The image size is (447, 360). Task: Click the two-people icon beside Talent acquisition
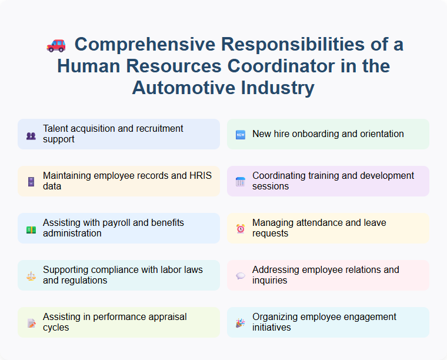coord(31,135)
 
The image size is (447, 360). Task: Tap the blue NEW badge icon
coord(241,135)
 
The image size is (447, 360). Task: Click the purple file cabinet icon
coord(31,182)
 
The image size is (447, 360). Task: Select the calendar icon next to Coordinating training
coord(241,182)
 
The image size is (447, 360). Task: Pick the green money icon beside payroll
coord(31,229)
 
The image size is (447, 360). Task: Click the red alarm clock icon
coord(241,229)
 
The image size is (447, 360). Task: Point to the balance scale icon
coord(31,276)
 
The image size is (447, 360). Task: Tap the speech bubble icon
coord(241,276)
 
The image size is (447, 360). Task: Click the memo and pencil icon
coord(31,323)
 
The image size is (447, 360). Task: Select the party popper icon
coord(241,323)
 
